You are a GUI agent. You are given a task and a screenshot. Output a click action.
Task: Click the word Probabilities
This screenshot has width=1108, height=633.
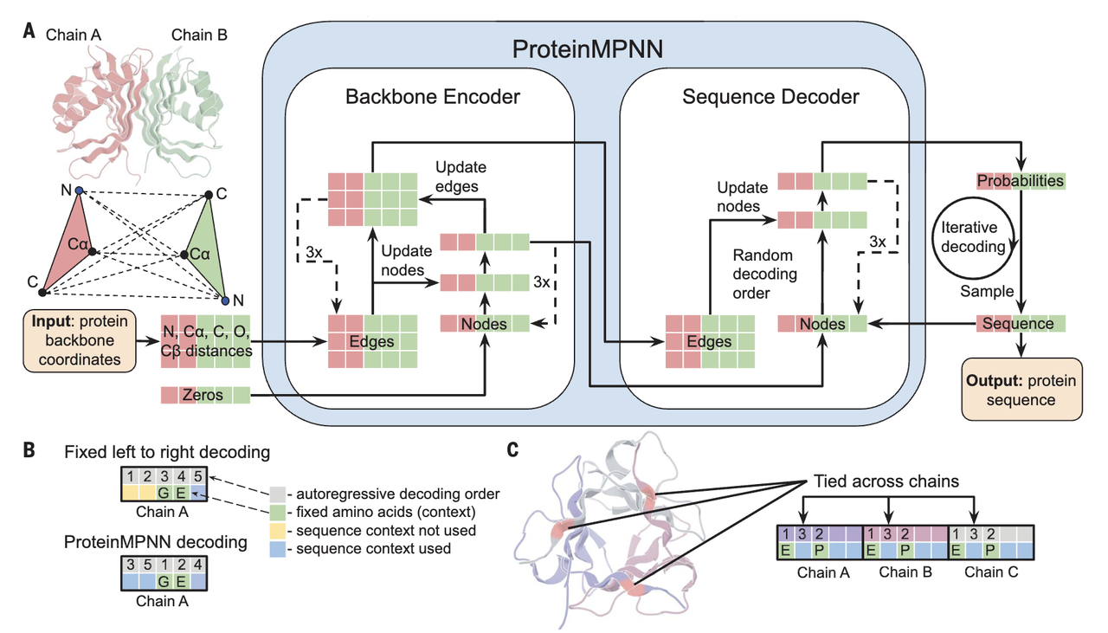tap(1020, 181)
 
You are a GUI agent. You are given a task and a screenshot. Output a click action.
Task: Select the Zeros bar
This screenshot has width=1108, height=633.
tap(205, 396)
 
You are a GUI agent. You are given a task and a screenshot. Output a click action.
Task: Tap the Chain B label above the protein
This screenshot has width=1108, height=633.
tap(200, 35)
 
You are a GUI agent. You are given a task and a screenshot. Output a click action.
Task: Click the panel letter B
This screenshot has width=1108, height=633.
tap(29, 450)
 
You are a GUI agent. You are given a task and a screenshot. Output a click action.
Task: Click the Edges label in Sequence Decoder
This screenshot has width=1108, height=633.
tap(708, 341)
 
